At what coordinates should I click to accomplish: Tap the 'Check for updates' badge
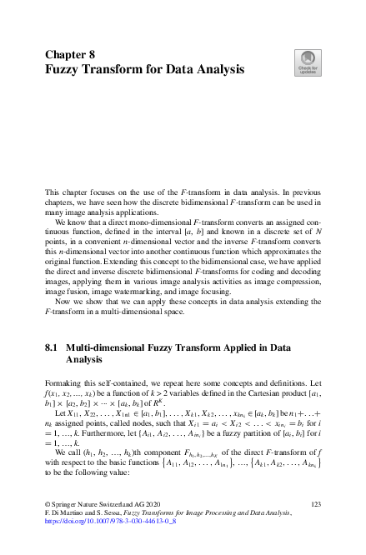[306, 61]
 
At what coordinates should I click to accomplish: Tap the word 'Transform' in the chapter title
[120, 69]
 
